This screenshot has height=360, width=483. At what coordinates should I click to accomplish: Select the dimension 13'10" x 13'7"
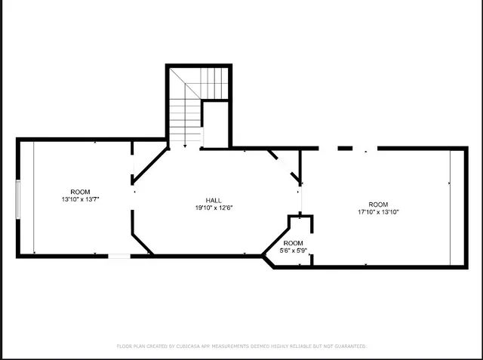80,199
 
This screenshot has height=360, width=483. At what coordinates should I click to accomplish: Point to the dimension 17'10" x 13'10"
378,212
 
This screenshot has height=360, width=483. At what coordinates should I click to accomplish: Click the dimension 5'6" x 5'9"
294,250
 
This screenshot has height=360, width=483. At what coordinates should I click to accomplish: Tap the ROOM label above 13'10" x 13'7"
80,192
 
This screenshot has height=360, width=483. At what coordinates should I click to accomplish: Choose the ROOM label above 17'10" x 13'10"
378,205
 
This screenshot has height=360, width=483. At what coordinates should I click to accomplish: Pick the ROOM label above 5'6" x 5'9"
294,242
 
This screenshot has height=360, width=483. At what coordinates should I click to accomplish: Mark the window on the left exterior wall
18,199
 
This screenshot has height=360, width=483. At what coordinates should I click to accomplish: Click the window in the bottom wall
120,257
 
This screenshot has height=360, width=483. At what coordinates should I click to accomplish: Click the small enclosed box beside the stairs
215,125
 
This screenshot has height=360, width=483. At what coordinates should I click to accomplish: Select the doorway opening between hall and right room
301,199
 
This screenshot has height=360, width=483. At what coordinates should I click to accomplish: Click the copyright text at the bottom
241,346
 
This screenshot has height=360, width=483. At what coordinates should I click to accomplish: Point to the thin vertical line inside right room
451,208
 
